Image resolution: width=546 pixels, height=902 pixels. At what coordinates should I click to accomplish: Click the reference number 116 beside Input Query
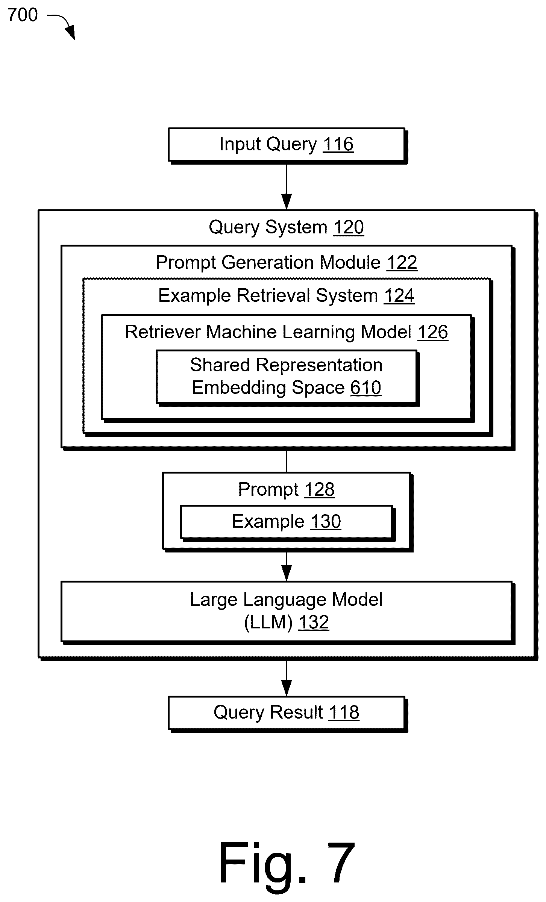tap(338, 144)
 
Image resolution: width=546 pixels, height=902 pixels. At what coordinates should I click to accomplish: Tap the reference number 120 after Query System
tap(349, 227)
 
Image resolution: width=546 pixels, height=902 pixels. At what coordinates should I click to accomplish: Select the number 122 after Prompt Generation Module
tap(402, 262)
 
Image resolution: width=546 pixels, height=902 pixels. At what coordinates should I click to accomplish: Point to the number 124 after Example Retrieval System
tap(399, 295)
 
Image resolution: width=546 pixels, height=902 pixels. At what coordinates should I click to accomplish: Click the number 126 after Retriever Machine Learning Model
tap(433, 332)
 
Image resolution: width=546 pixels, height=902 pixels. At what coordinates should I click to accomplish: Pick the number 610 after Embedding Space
tap(366, 387)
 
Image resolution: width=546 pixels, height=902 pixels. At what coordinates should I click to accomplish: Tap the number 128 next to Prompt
tap(319, 489)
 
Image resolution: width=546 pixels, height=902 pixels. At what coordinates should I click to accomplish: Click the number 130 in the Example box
tap(326, 521)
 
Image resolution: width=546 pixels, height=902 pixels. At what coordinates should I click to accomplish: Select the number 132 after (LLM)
tap(314, 622)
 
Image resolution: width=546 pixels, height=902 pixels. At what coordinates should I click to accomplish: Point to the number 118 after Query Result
tap(344, 712)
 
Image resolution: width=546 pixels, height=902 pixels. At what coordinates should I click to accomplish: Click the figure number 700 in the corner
tap(23, 15)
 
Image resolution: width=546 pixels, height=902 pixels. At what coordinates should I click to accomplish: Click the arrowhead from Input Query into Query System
tap(287, 202)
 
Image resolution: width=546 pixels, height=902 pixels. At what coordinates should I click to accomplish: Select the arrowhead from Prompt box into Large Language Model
tap(287, 573)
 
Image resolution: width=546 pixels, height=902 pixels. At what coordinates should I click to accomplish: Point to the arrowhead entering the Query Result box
tap(287, 688)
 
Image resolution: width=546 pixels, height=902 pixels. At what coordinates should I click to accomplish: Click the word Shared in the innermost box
tap(220, 365)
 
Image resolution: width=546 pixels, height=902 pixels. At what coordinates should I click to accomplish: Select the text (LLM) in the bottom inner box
tap(268, 622)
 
